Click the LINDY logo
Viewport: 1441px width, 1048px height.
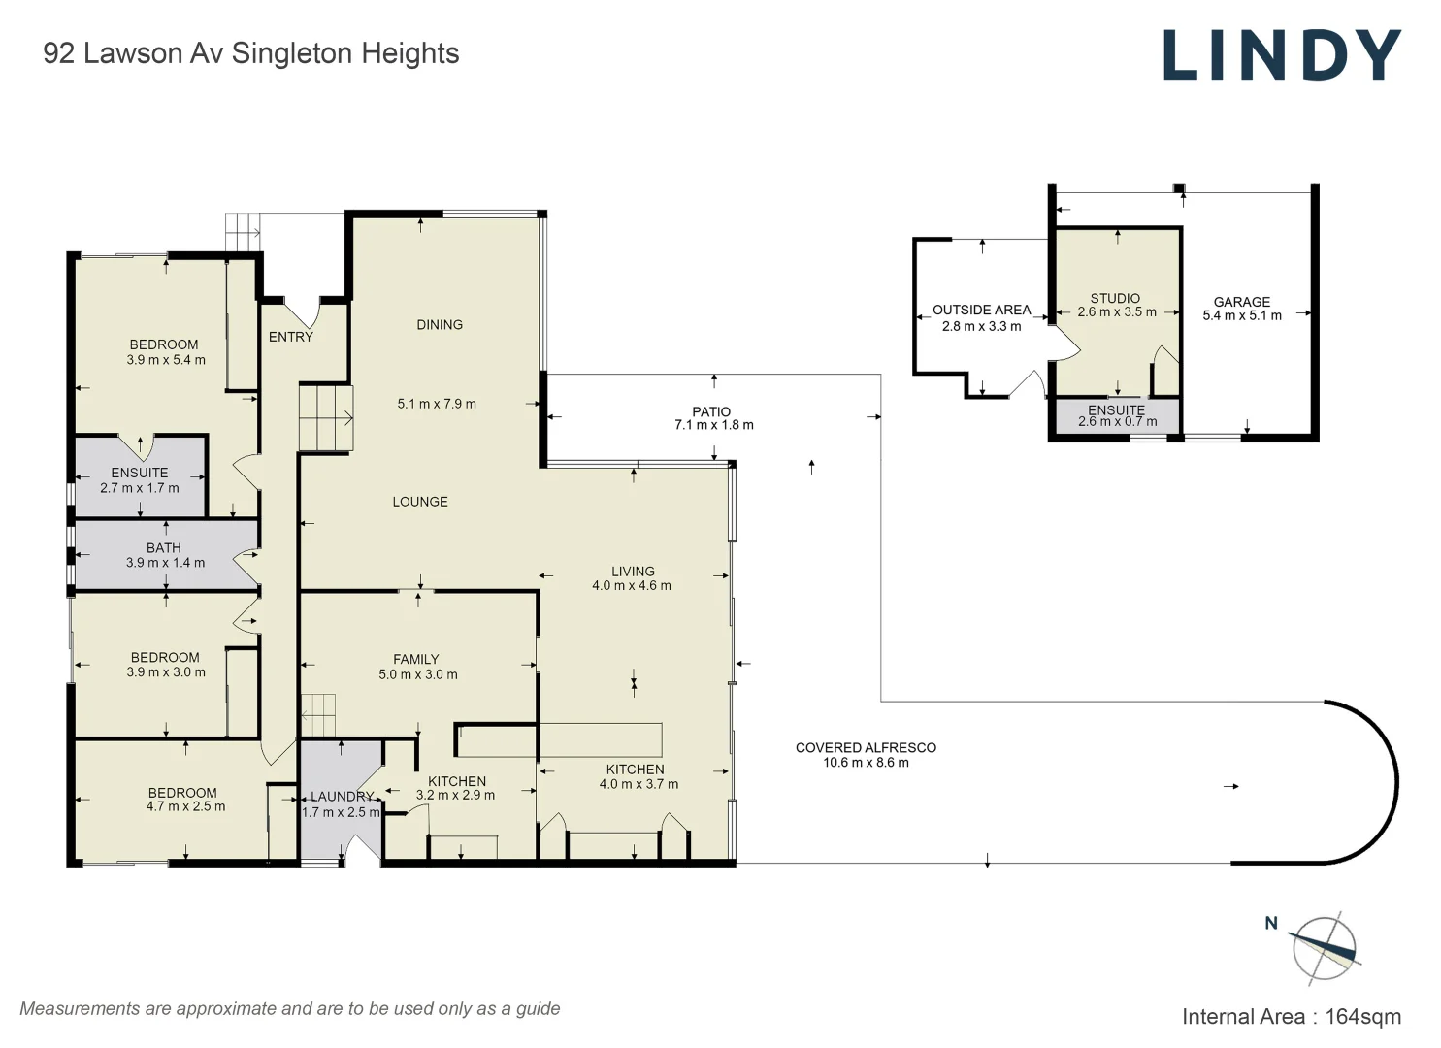1282,54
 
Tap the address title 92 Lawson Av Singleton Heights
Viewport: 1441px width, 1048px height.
250,53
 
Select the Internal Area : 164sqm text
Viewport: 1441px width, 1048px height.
1291,1017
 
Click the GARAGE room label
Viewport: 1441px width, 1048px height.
1241,302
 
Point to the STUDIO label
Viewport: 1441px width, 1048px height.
1115,298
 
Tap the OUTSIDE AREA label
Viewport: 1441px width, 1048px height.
981,310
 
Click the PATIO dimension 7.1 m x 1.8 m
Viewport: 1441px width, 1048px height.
713,425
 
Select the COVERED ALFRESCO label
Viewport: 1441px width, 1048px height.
866,747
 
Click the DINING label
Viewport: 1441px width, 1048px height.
440,325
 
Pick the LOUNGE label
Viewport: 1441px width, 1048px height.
420,502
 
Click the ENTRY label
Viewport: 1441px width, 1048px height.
291,337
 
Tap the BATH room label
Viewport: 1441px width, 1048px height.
164,548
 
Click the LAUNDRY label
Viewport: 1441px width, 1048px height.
342,797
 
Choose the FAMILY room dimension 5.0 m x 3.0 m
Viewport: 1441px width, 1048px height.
417,674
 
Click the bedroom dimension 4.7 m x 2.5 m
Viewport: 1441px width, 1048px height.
185,806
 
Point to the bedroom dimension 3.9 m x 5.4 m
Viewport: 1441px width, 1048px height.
166,360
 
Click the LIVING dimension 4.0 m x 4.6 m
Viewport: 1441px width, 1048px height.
632,585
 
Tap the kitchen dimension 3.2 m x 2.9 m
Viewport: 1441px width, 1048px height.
455,795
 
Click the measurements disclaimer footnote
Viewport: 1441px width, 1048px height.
290,1008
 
